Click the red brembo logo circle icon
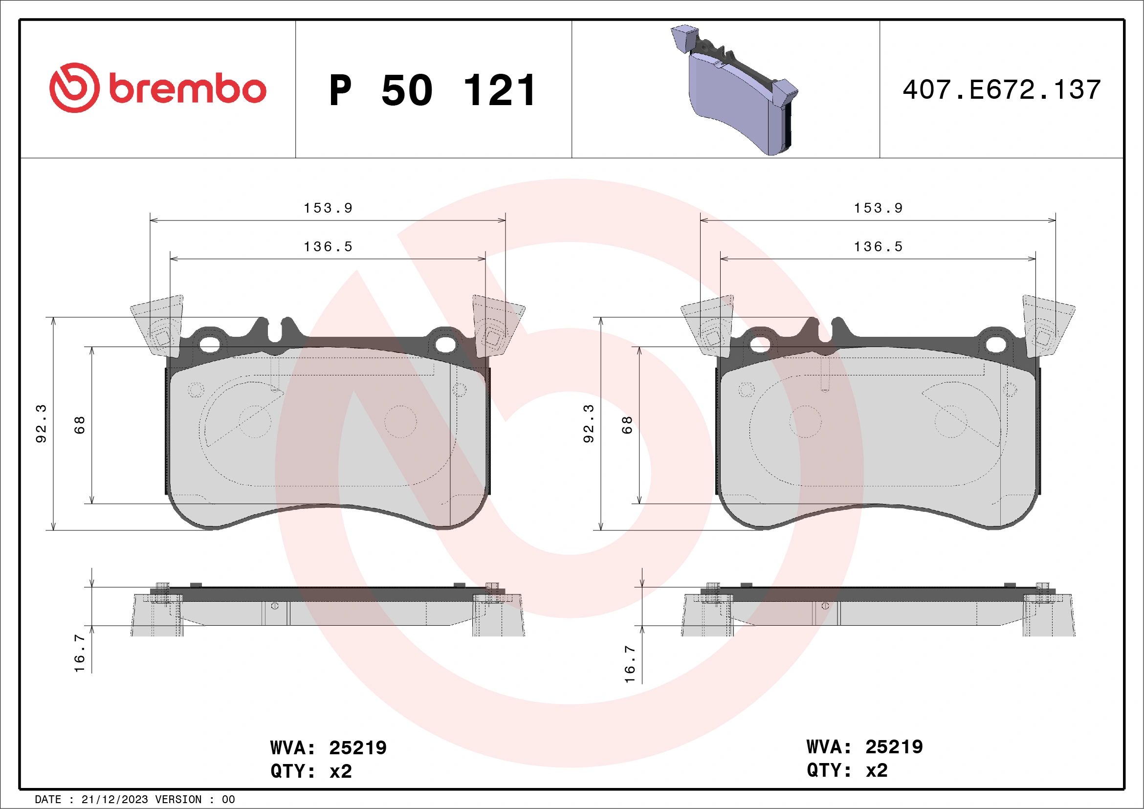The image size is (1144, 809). point(74,87)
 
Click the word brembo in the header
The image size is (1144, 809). point(187,89)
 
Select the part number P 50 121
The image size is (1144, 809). point(433,90)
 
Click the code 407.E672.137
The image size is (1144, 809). point(1002,90)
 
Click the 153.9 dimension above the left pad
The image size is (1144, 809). point(329,208)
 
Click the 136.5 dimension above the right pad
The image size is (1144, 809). point(879,247)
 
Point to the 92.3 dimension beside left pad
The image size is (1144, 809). point(41,423)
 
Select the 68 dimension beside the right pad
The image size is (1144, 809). point(627,425)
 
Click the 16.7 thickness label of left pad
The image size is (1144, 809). point(80,653)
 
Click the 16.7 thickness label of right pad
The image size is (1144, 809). point(630,664)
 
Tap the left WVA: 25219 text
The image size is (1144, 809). point(329,748)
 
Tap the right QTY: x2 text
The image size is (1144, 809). point(847,770)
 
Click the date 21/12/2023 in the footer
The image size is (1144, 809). point(114,800)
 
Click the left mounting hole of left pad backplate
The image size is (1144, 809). point(210,344)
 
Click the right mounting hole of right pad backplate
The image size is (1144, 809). point(995,344)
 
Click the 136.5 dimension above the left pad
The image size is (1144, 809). point(329,247)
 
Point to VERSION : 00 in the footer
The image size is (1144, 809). point(195,800)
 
